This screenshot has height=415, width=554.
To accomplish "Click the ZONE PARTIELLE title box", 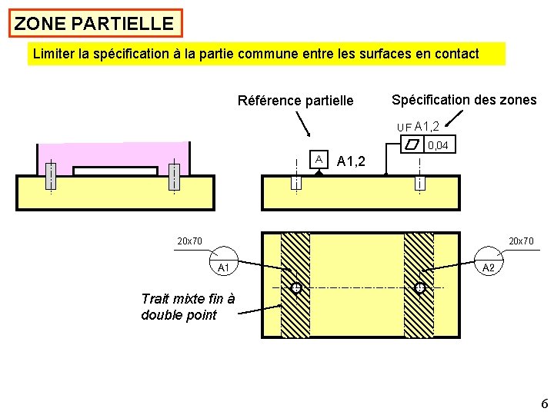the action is pos(94,23).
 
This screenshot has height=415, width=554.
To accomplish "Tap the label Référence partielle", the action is pos(295,101).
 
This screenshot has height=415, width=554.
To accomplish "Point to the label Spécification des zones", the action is pos(464,99).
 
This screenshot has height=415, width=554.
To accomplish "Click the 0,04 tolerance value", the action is pos(439,145).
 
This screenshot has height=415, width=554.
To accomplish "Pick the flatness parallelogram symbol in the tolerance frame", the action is pos(413,145).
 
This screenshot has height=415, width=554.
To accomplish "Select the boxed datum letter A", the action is pos(319,158).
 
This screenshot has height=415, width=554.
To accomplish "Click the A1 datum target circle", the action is pos(224,261).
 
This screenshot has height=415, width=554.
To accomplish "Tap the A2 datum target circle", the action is pos(489,261).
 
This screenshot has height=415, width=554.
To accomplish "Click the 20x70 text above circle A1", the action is pos(189,241).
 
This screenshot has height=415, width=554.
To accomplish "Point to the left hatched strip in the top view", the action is pos(295,284).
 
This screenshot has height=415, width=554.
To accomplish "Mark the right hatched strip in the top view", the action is pos(419,284).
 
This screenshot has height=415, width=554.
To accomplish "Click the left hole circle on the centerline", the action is pos(295,288).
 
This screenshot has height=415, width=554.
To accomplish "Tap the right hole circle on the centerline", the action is pos(420,288).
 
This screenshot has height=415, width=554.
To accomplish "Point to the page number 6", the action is pos(544,404).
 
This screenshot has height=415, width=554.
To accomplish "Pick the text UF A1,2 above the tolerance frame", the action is pos(418,126).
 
